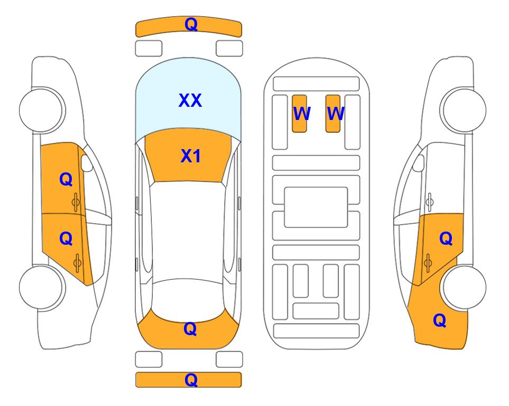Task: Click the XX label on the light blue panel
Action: [190, 100]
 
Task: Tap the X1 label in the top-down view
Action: [191, 156]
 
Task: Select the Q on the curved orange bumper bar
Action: [191, 24]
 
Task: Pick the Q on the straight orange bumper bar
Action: [191, 380]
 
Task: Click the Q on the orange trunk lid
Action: [190, 329]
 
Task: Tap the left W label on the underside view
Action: [302, 114]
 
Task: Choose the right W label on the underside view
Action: [335, 114]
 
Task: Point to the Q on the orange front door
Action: [66, 179]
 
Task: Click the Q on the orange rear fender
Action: [440, 320]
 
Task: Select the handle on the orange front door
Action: [76, 202]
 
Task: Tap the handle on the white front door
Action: [430, 202]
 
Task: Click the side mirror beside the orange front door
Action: [86, 163]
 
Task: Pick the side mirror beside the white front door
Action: [418, 163]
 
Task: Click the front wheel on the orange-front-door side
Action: [41, 110]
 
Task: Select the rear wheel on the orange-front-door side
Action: [41, 287]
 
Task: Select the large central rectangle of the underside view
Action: [316, 207]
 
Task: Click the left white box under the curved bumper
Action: [149, 49]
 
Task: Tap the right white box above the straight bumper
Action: [229, 359]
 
